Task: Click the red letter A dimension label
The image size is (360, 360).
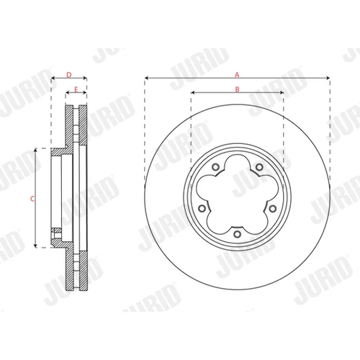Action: pyautogui.click(x=237, y=75)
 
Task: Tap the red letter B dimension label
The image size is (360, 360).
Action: pyautogui.click(x=237, y=89)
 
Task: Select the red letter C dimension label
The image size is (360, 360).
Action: pyautogui.click(x=32, y=199)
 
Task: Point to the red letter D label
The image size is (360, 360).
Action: pyautogui.click(x=69, y=75)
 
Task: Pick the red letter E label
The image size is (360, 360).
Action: pyautogui.click(x=76, y=89)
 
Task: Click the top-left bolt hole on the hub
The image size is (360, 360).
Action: pyautogui.click(x=216, y=167)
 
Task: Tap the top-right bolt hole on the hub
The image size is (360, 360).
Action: pyautogui.click(x=259, y=167)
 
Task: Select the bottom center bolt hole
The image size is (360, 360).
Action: pyautogui.click(x=237, y=234)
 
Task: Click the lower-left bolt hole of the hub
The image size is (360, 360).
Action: pyautogui.click(x=202, y=208)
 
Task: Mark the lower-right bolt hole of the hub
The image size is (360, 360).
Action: pyautogui.click(x=272, y=209)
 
